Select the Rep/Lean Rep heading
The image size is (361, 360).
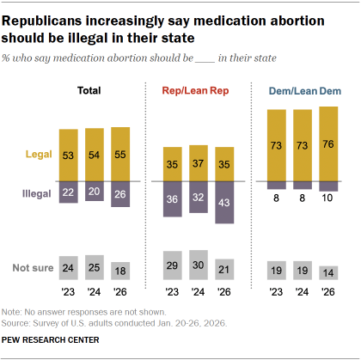coord(199,89)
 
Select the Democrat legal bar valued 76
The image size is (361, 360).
coord(328,143)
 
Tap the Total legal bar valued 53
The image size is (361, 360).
coord(68,155)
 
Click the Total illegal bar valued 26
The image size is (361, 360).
coord(121,194)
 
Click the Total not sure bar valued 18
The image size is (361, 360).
coord(121,271)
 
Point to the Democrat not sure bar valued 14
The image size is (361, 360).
coord(328,272)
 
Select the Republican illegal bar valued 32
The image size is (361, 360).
coord(199,197)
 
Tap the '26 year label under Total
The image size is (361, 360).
coord(121,290)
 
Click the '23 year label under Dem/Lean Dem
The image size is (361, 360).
coord(276,290)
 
